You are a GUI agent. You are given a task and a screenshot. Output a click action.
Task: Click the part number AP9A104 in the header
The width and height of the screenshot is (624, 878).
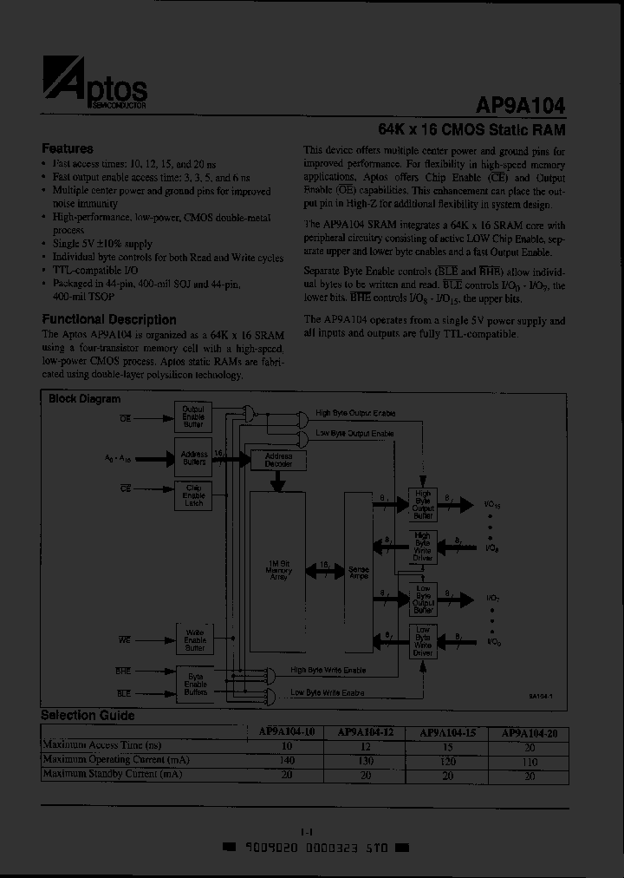pos(520,105)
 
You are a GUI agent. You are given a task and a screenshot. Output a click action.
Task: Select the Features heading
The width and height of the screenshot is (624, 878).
pos(68,148)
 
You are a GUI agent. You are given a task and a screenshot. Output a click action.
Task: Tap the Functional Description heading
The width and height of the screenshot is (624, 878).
pos(109,319)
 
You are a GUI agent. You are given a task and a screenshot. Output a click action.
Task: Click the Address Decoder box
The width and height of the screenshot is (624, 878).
pos(278,459)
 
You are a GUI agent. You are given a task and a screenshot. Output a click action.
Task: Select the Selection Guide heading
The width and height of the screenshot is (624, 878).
pos(88,716)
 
